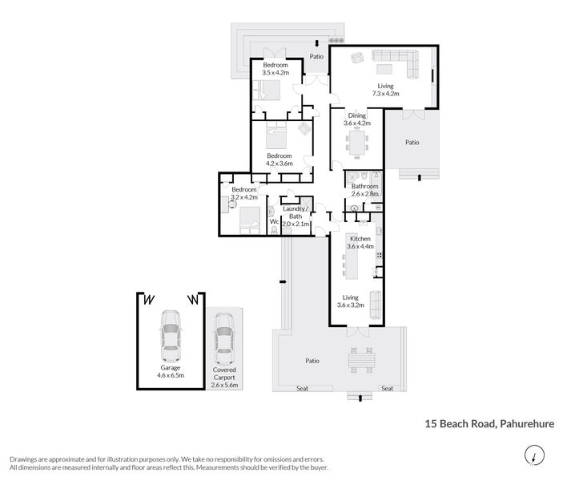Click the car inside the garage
tap(171, 335)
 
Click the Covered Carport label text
tap(224, 375)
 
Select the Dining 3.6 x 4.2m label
tap(356, 119)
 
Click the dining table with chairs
tap(356, 145)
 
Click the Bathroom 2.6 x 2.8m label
tap(364, 190)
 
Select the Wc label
tap(273, 221)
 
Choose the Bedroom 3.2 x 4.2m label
tap(243, 193)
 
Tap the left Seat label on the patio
tap(302, 389)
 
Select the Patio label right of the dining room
tap(412, 143)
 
